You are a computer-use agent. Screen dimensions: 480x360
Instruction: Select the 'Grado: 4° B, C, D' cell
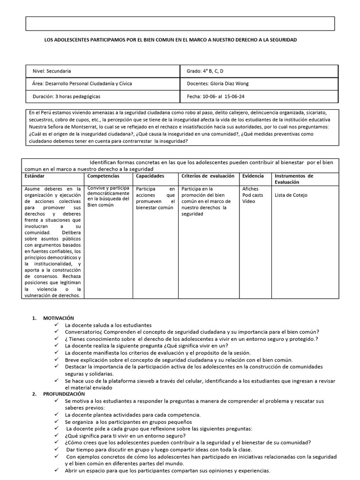(205, 71)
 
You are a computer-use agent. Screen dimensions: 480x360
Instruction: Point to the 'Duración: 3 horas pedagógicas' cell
(66, 96)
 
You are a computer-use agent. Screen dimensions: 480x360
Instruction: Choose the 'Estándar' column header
(35, 176)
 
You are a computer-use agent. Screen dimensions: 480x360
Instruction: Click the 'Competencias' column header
(103, 176)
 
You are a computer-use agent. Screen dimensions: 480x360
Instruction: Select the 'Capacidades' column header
(150, 176)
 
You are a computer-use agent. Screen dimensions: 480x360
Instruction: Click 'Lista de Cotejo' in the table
(291, 195)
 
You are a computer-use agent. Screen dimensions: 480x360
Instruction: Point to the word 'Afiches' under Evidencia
(250, 189)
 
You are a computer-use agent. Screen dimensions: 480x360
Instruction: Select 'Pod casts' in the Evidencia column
(253, 195)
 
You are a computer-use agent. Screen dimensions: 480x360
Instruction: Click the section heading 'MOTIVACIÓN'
(59, 318)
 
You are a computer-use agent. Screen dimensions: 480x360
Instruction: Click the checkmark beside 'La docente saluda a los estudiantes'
(57, 325)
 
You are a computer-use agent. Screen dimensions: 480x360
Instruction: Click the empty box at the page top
(180, 23)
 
